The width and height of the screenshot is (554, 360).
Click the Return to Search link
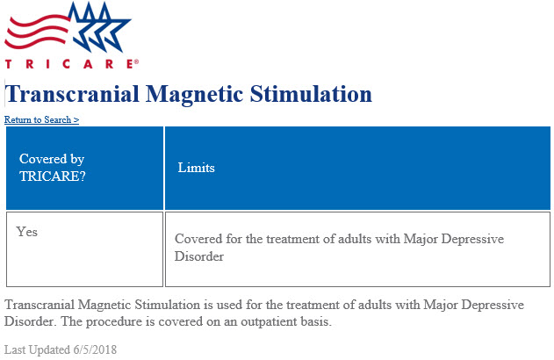point(41,119)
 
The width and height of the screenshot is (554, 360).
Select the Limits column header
point(196,168)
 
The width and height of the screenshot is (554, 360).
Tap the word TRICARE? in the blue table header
point(53,176)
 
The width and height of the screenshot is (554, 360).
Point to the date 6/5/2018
point(95,349)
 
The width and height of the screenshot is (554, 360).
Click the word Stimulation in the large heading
point(311,94)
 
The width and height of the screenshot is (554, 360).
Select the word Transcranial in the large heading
point(72,94)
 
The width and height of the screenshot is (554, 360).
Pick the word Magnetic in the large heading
point(195,95)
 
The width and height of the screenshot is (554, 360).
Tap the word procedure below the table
point(110,322)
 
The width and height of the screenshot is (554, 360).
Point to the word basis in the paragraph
point(319,321)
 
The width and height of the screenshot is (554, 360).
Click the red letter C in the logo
point(66,64)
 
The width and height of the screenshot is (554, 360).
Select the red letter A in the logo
point(88,64)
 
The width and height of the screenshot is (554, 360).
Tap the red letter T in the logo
point(9,64)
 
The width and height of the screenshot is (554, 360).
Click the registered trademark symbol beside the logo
point(136,61)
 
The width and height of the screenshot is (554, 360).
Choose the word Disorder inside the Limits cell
point(199,256)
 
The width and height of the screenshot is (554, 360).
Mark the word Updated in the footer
point(49,350)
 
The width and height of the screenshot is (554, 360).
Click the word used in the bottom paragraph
point(230,305)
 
